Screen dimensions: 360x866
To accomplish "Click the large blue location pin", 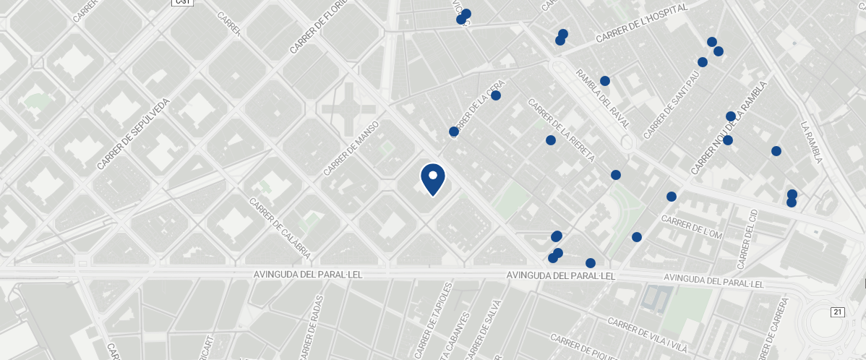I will coord(432,179).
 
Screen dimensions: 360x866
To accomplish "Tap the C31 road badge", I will coord(182,2).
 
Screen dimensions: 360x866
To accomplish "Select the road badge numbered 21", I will coord(838,312).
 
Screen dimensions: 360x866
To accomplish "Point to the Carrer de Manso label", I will coord(351,148).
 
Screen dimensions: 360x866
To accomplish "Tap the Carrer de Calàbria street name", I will coord(280,228).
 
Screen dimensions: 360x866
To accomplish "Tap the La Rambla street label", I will coord(812,142).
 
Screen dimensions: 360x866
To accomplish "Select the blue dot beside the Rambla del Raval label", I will coord(605,81).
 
